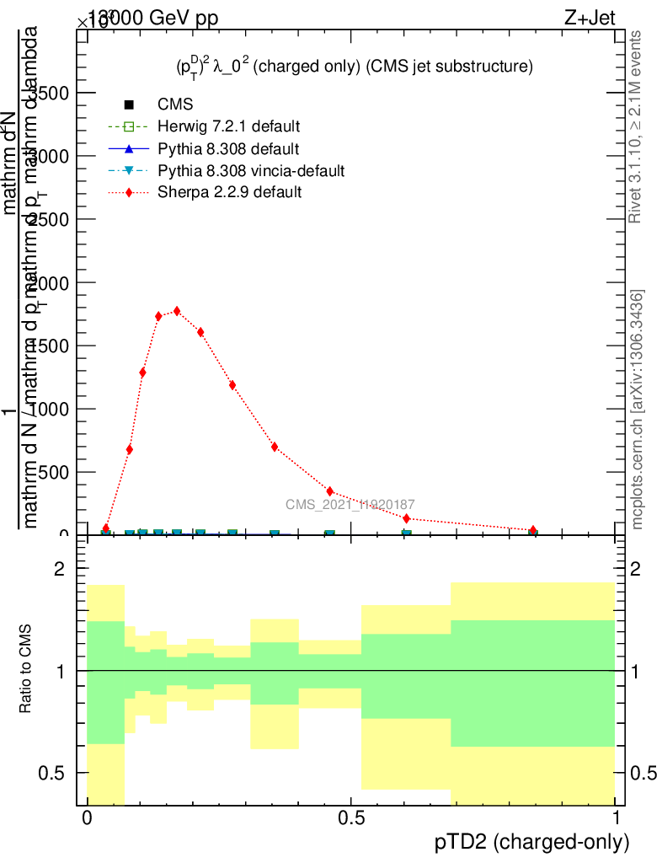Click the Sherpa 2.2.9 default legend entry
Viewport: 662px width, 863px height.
229,192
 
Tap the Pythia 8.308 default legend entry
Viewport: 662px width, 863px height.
228,149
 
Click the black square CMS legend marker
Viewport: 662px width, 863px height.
129,105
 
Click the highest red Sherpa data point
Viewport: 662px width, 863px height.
177,310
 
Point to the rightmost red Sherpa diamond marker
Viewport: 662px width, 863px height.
533,530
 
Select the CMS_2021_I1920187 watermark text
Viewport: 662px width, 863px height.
350,505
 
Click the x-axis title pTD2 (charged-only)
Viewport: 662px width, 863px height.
531,841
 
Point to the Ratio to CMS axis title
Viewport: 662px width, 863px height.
26,668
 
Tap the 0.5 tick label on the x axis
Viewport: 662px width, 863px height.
350,817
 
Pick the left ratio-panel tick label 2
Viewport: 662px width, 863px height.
60,570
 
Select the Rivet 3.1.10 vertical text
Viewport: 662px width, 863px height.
636,127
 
